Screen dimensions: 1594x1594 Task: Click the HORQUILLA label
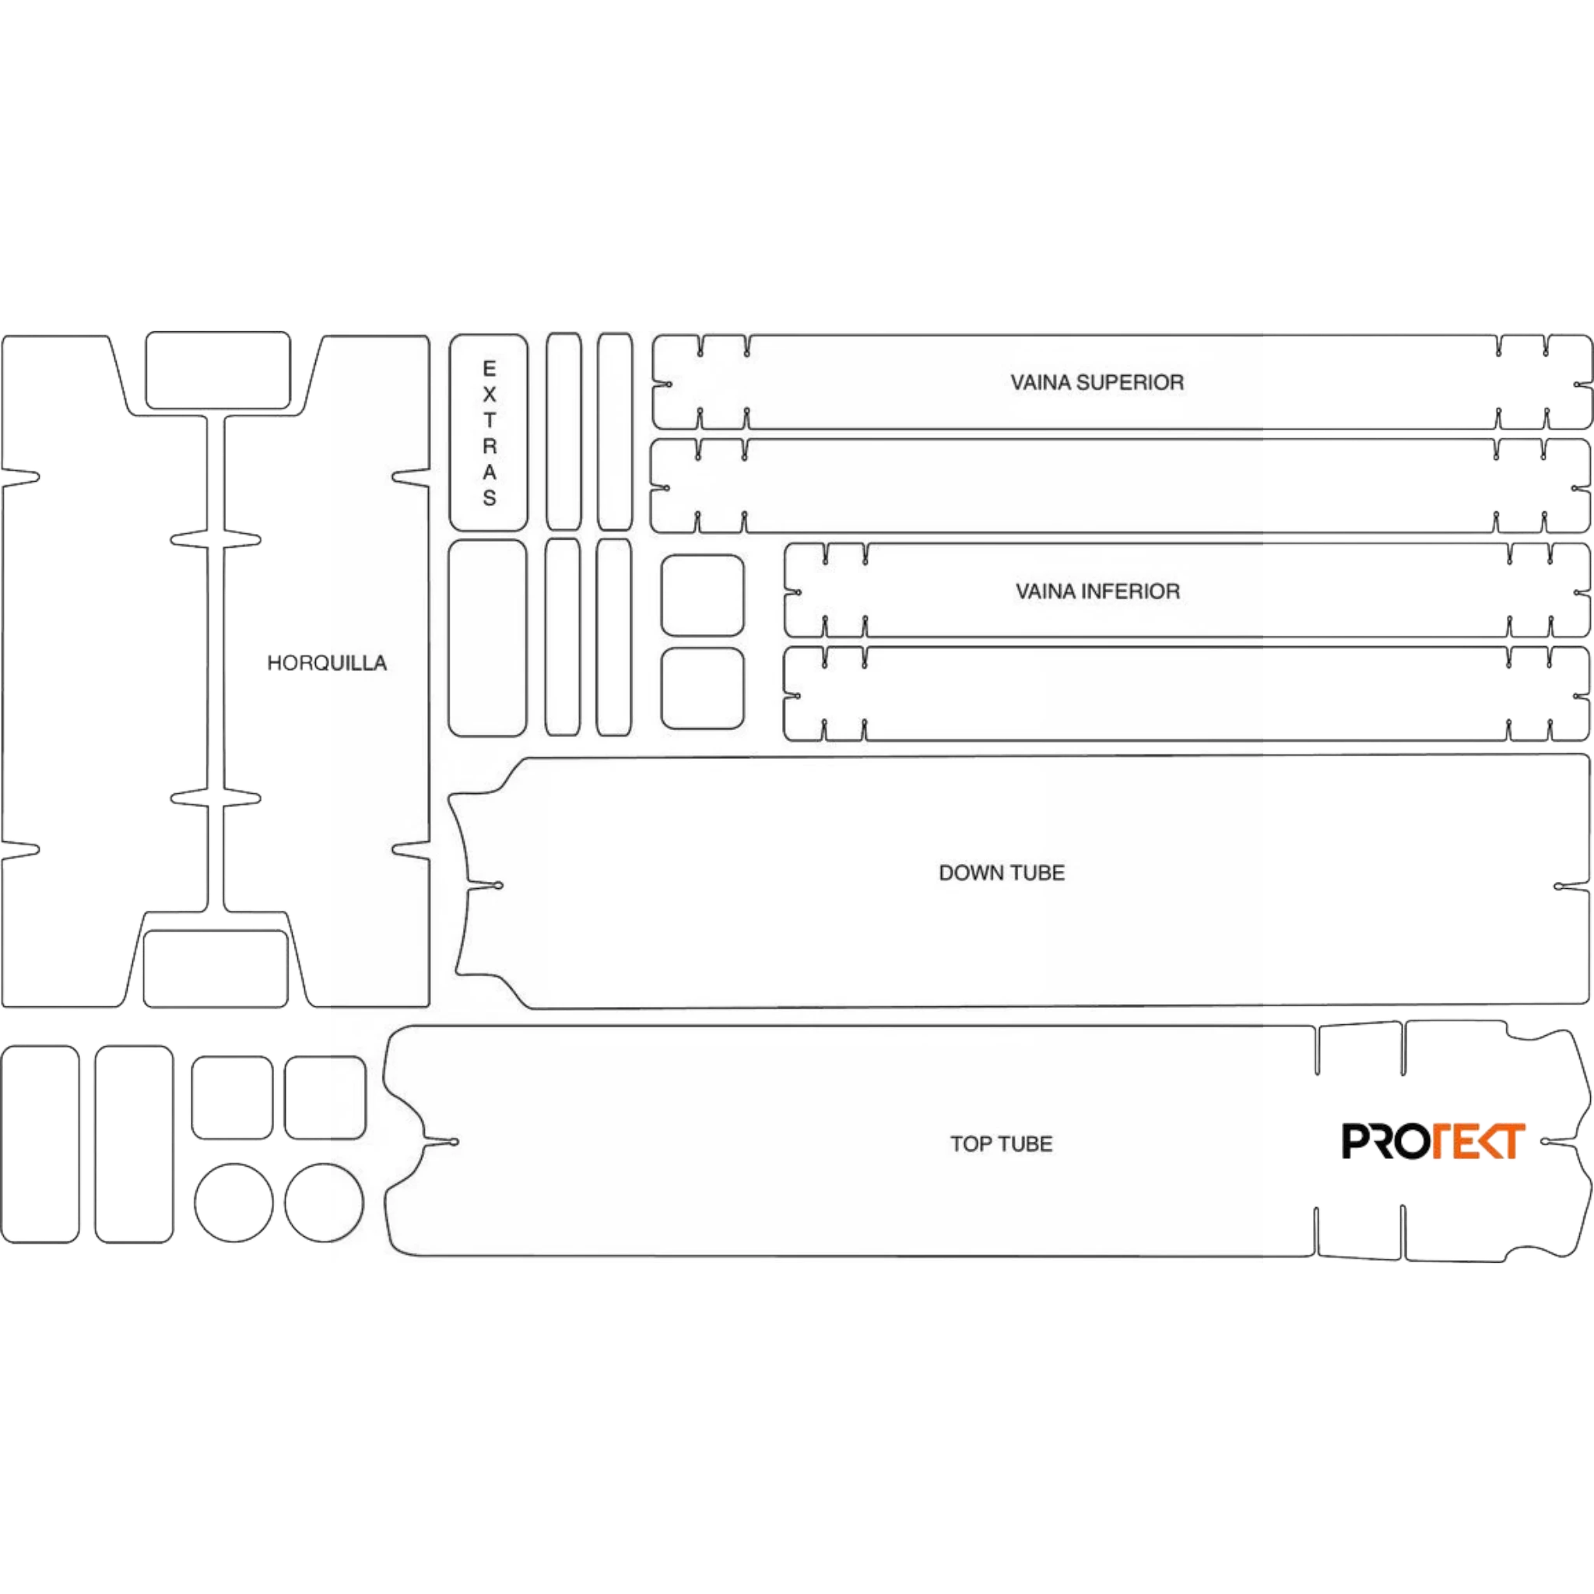coord(327,663)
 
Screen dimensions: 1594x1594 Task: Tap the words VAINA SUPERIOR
coord(1097,383)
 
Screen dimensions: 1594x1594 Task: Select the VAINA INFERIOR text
coord(1097,592)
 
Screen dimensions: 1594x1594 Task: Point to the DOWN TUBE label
coord(1002,873)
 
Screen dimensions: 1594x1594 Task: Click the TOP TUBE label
coord(1001,1144)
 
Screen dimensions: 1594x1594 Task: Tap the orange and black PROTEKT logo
coord(1433,1141)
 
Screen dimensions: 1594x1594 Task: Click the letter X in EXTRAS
coord(490,395)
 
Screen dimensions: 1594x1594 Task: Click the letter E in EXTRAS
coord(490,369)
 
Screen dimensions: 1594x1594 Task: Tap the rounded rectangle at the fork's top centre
coord(218,370)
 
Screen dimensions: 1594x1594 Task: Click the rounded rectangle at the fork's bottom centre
coord(216,968)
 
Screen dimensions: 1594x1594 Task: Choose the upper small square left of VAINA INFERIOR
coord(702,595)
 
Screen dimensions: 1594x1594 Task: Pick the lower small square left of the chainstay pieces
coord(702,689)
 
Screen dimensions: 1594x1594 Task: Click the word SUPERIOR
coord(1140,383)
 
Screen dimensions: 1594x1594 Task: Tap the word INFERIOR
coord(1139,592)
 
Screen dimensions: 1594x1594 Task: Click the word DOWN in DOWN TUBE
coord(971,873)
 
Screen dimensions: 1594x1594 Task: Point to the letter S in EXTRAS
coord(490,497)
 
